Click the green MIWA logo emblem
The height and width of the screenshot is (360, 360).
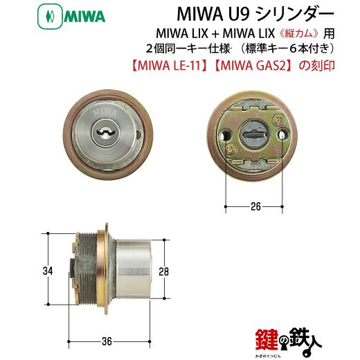[x=50, y=17]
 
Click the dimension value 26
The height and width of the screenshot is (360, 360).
[x=255, y=206]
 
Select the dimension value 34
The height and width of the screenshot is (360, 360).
[x=48, y=271]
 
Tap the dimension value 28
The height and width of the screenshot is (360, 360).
[x=163, y=271]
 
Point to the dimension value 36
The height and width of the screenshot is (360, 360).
[x=107, y=341]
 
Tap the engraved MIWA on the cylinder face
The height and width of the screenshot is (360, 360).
[x=105, y=112]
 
